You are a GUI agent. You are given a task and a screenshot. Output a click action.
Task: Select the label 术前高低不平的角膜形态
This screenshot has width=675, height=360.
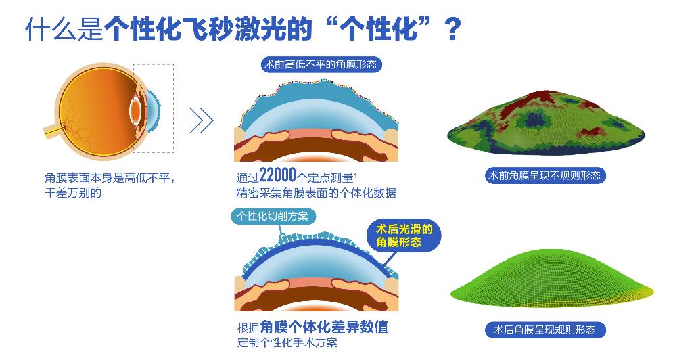[319, 65]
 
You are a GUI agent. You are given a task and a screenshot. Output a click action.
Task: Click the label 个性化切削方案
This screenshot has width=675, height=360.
[274, 217]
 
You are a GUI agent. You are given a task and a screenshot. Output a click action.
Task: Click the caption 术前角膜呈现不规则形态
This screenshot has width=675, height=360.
[544, 175]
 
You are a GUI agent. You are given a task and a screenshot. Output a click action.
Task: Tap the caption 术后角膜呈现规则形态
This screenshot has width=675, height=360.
[544, 330]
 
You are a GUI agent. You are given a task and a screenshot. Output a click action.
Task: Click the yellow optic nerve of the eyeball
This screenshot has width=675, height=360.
[53, 130]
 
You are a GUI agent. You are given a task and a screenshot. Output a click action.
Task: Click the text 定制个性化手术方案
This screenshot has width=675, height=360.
[287, 343]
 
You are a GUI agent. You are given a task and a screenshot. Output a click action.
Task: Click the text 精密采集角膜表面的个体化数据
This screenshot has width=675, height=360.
[316, 193]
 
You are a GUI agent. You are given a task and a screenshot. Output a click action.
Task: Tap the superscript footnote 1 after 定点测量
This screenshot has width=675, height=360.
[356, 173]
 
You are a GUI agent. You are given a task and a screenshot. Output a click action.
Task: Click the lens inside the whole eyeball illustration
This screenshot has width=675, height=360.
[136, 110]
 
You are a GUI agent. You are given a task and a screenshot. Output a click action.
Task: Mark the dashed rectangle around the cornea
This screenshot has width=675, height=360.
[154, 108]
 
